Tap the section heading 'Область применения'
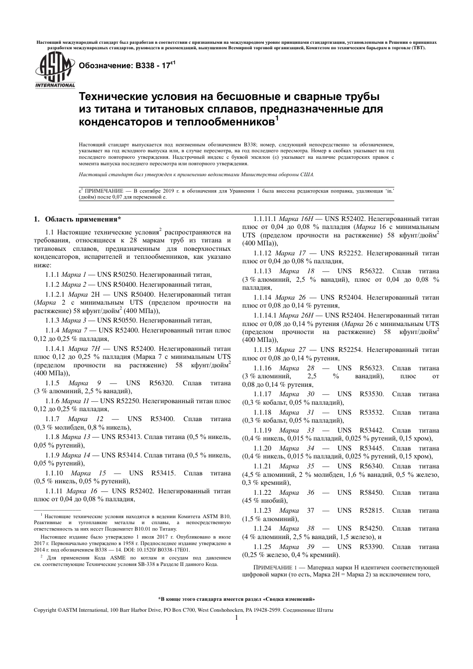(83, 219)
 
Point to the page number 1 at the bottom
(236, 618)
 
